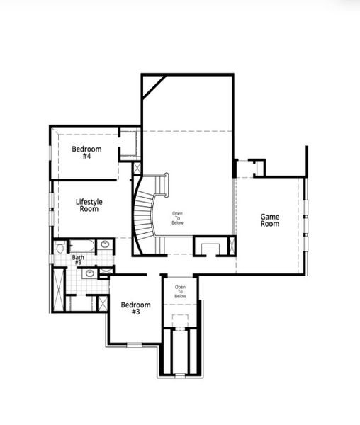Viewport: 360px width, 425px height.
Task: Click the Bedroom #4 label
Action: coord(86,152)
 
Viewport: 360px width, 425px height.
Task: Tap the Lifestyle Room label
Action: coord(89,205)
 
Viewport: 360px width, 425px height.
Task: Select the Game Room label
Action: coord(270,220)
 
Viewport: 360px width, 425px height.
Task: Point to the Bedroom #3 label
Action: coord(135,309)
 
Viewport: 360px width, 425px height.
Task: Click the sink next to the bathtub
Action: coord(106,245)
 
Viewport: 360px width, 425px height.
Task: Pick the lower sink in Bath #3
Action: coord(90,273)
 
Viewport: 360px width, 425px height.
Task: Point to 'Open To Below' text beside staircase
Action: coord(177,218)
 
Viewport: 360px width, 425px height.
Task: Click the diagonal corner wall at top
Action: coord(152,86)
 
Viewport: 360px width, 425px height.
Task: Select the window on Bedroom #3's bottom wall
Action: coord(134,344)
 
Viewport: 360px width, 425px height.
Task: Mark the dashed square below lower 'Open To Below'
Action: coord(180,318)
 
